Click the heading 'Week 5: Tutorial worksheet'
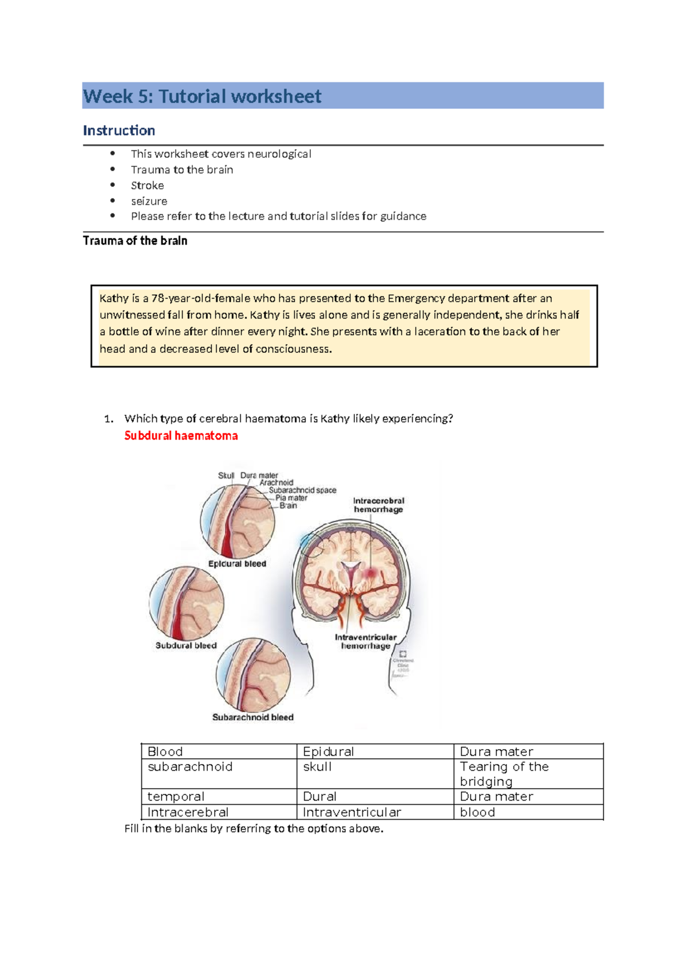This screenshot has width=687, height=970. pyautogui.click(x=202, y=96)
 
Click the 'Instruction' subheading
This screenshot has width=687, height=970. pyautogui.click(x=119, y=130)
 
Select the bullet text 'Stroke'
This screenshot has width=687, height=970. pyautogui.click(x=147, y=185)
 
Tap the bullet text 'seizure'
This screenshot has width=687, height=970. pyautogui.click(x=149, y=201)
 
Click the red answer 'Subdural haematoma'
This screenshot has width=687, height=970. pyautogui.click(x=181, y=436)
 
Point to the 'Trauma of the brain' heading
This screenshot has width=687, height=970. pyautogui.click(x=135, y=241)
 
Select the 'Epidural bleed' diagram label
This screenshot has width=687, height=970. pyautogui.click(x=237, y=564)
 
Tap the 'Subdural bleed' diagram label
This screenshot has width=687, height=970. pyautogui.click(x=186, y=646)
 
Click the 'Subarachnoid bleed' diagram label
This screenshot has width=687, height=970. pyautogui.click(x=252, y=717)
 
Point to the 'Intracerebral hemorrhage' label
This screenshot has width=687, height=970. pyautogui.click(x=378, y=505)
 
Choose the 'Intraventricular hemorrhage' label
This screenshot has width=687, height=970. pyautogui.click(x=365, y=642)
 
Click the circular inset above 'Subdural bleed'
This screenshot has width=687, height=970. pyautogui.click(x=187, y=603)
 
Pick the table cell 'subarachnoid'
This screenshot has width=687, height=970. pyautogui.click(x=190, y=767)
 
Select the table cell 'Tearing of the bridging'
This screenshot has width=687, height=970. pyautogui.click(x=504, y=774)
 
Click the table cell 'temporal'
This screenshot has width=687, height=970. pyautogui.click(x=176, y=797)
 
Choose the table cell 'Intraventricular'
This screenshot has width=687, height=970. pyautogui.click(x=352, y=812)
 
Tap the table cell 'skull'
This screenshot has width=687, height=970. pyautogui.click(x=317, y=767)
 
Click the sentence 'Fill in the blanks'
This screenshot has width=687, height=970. pyautogui.click(x=254, y=829)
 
